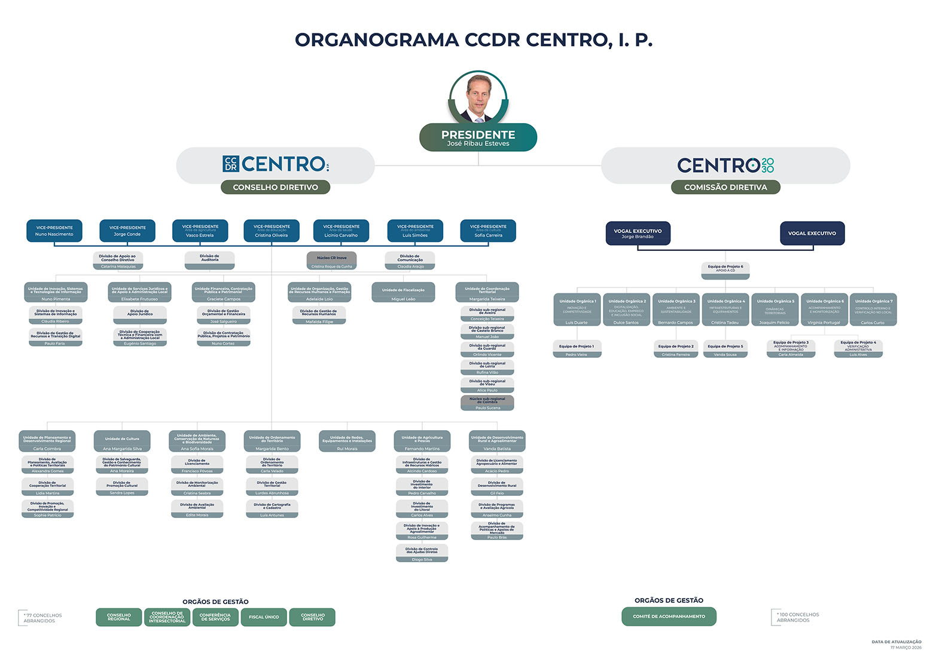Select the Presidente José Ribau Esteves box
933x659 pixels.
478,137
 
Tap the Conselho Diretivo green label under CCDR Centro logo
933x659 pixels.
275,187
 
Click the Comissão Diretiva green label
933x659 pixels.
725,187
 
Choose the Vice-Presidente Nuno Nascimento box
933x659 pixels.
54,231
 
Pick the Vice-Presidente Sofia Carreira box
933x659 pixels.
488,231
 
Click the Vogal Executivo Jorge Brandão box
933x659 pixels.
638,233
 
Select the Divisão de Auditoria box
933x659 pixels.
209,260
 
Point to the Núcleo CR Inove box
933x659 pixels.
331,260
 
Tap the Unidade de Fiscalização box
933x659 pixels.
403,293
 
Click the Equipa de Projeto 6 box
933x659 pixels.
725,270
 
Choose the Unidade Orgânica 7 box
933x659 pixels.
873,309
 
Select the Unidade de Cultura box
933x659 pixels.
122,442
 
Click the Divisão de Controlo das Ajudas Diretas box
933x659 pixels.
422,553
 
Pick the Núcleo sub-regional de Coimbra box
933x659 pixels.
487,403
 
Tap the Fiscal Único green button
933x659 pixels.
263,617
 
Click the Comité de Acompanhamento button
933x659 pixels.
669,617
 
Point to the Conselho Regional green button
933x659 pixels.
118,617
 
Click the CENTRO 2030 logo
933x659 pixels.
725,165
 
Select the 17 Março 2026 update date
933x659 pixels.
905,648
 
